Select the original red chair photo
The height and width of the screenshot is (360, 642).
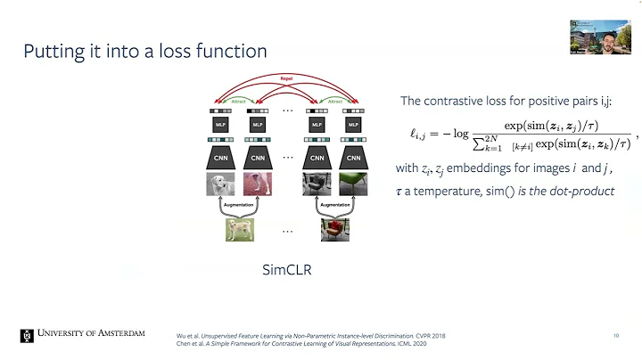coord(334,230)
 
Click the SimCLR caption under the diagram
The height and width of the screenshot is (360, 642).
coord(286,269)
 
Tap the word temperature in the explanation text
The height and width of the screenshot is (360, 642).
coord(454,192)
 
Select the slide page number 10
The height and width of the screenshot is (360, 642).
coord(615,336)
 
